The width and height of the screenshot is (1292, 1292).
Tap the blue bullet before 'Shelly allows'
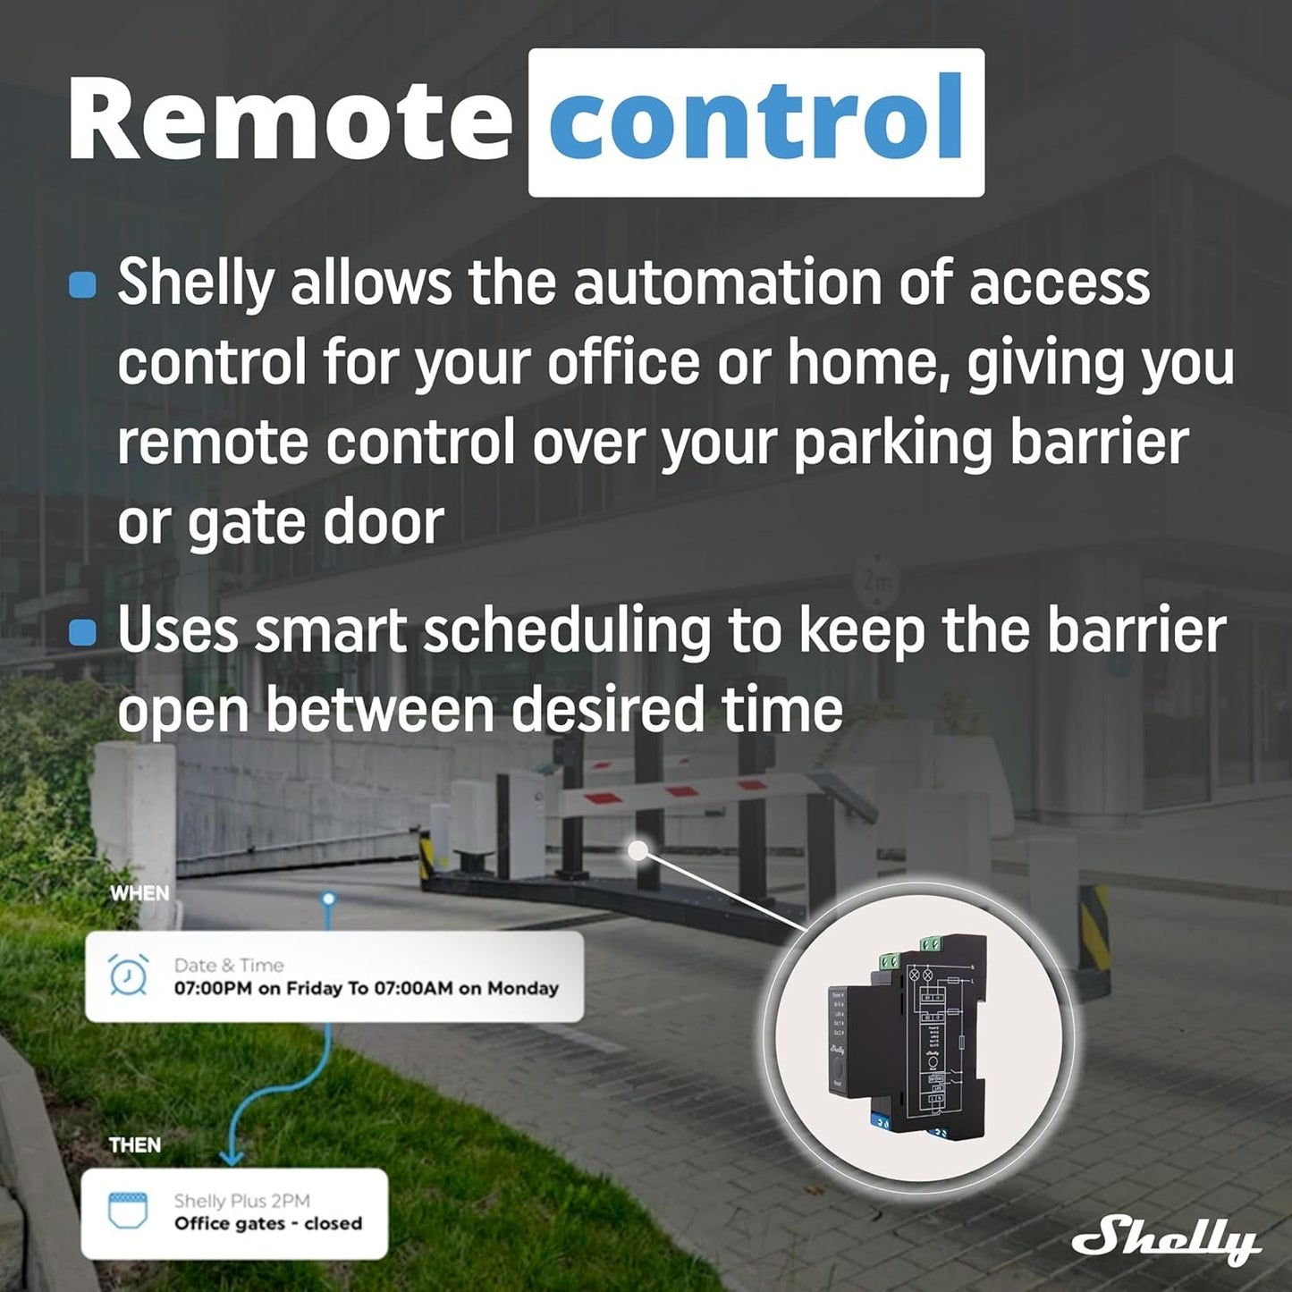coord(82,284)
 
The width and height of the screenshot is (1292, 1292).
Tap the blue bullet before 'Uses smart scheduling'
coord(82,633)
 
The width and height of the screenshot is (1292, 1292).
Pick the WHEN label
coord(139,893)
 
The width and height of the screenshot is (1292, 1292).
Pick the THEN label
coord(135,1145)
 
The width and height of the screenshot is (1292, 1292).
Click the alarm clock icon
coord(128,975)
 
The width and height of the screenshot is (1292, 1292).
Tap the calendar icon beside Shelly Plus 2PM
coord(127,1211)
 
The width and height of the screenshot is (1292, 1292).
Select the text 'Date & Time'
coord(229,966)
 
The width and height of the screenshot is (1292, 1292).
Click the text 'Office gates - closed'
coord(268,1223)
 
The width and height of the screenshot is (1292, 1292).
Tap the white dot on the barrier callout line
coord(638,850)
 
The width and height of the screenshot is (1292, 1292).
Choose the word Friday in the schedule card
coord(314,988)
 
